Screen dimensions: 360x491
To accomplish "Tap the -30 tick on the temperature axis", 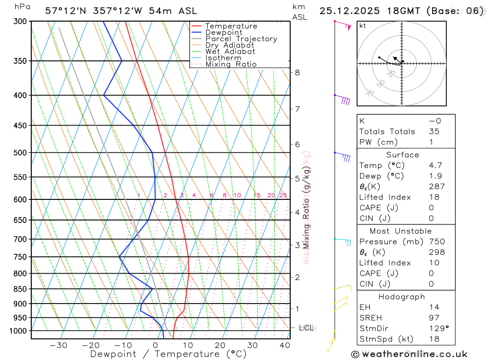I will pyautogui.click(x=58, y=345).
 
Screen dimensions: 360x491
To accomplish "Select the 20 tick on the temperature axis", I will pyautogui.click(x=220, y=345).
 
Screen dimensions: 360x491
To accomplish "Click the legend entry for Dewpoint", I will pyautogui.click(x=224, y=32).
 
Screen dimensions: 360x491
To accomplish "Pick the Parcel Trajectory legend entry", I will pyautogui.click(x=241, y=39).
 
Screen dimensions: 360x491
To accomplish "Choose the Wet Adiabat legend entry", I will pyautogui.click(x=230, y=52).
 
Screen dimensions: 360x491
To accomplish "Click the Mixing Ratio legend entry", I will pyautogui.click(x=231, y=64).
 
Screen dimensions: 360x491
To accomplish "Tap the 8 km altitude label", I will pyautogui.click(x=297, y=72).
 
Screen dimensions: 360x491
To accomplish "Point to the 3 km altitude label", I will pyautogui.click(x=297, y=245).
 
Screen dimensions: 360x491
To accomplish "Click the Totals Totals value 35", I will pyautogui.click(x=434, y=132).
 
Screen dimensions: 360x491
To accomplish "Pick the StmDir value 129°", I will pyautogui.click(x=439, y=329).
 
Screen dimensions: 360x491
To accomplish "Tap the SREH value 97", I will pyautogui.click(x=434, y=318).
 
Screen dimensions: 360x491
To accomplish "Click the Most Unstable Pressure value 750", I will pyautogui.click(x=436, y=242).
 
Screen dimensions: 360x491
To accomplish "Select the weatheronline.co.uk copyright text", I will pyautogui.click(x=409, y=354).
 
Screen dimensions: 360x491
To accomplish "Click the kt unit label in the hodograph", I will pyautogui.click(x=363, y=26).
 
